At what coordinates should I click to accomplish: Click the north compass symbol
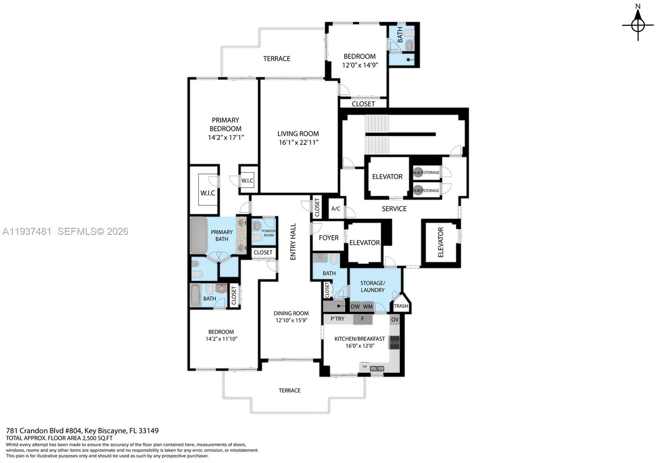tap(638, 25)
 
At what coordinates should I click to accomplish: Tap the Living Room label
tap(298, 134)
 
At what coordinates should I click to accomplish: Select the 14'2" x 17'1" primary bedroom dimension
tap(225, 138)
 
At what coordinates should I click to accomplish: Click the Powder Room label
tap(269, 233)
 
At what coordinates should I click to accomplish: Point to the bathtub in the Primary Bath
tap(199, 236)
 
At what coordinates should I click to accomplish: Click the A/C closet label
tap(335, 209)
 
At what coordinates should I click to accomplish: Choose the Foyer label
tap(328, 238)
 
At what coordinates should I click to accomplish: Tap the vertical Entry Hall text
tap(293, 242)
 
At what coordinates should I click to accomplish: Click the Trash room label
tap(401, 306)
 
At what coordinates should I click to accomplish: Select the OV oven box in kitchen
tap(394, 320)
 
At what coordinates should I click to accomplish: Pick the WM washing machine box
tap(368, 306)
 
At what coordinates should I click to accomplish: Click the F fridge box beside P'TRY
tap(362, 319)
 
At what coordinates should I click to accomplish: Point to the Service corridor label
tap(394, 209)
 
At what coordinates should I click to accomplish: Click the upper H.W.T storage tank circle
tap(418, 172)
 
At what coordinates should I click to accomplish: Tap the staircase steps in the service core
tap(376, 134)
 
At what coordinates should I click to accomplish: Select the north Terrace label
tap(277, 59)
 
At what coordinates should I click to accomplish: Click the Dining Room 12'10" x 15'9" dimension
tap(291, 320)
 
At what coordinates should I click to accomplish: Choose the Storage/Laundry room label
tap(372, 286)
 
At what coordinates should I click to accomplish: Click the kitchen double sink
tap(377, 368)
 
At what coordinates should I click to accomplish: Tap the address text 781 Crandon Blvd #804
tap(44, 431)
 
